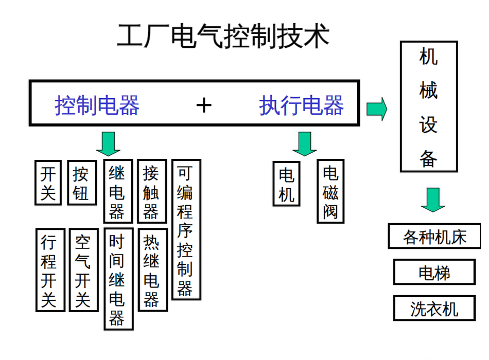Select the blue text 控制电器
[x=97, y=105]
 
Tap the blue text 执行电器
[x=301, y=105]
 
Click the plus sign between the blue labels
[x=204, y=105]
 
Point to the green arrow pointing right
[x=376, y=109]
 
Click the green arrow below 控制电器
[x=108, y=143]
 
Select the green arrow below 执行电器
[x=305, y=143]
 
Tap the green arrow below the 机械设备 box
[x=432, y=200]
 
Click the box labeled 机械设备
[x=429, y=106]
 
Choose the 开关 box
[x=48, y=182]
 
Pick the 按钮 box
[x=82, y=182]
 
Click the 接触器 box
[x=151, y=191]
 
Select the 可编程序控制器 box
[x=185, y=229]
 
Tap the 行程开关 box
[x=50, y=270]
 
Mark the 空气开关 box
[x=83, y=270]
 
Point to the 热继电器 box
[x=152, y=270]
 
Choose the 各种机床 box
[x=434, y=237]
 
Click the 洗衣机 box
[x=433, y=308]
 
